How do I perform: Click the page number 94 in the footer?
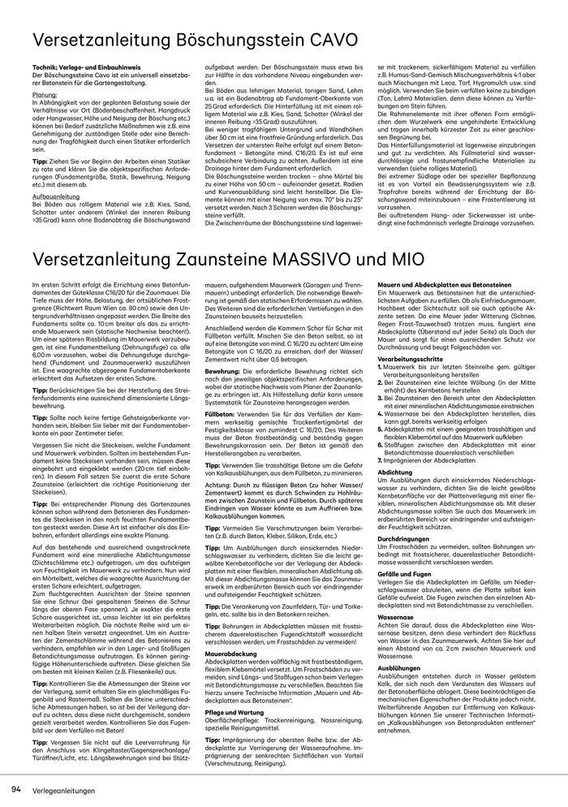15,789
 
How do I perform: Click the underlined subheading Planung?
45,93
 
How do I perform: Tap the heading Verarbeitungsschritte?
409,357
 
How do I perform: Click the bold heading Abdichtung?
395,471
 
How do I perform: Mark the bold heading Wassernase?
396,617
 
